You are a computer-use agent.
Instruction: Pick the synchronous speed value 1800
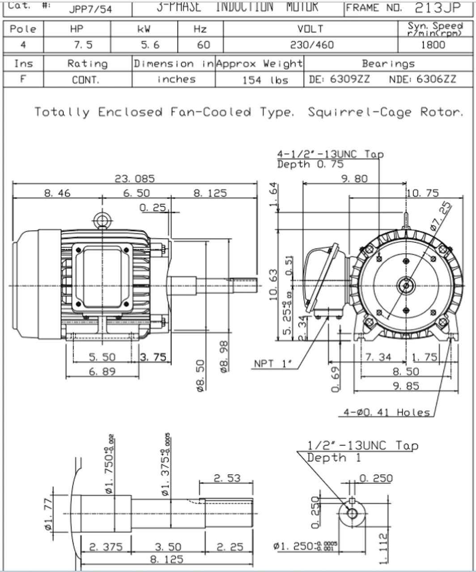coord(433,45)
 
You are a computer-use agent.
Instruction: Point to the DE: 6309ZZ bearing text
coord(339,80)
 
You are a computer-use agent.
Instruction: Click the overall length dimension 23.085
coord(135,179)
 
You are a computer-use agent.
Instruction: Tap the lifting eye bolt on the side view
coord(102,220)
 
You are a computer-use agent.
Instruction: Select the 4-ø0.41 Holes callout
coord(387,412)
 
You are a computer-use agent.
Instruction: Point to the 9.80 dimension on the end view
coord(354,179)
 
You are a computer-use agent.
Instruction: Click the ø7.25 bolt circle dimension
coord(441,214)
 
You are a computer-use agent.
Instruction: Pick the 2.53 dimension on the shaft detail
coord(226,478)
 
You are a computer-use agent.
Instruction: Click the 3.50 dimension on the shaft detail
coord(168,547)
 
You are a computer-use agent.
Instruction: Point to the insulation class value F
coord(23,80)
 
